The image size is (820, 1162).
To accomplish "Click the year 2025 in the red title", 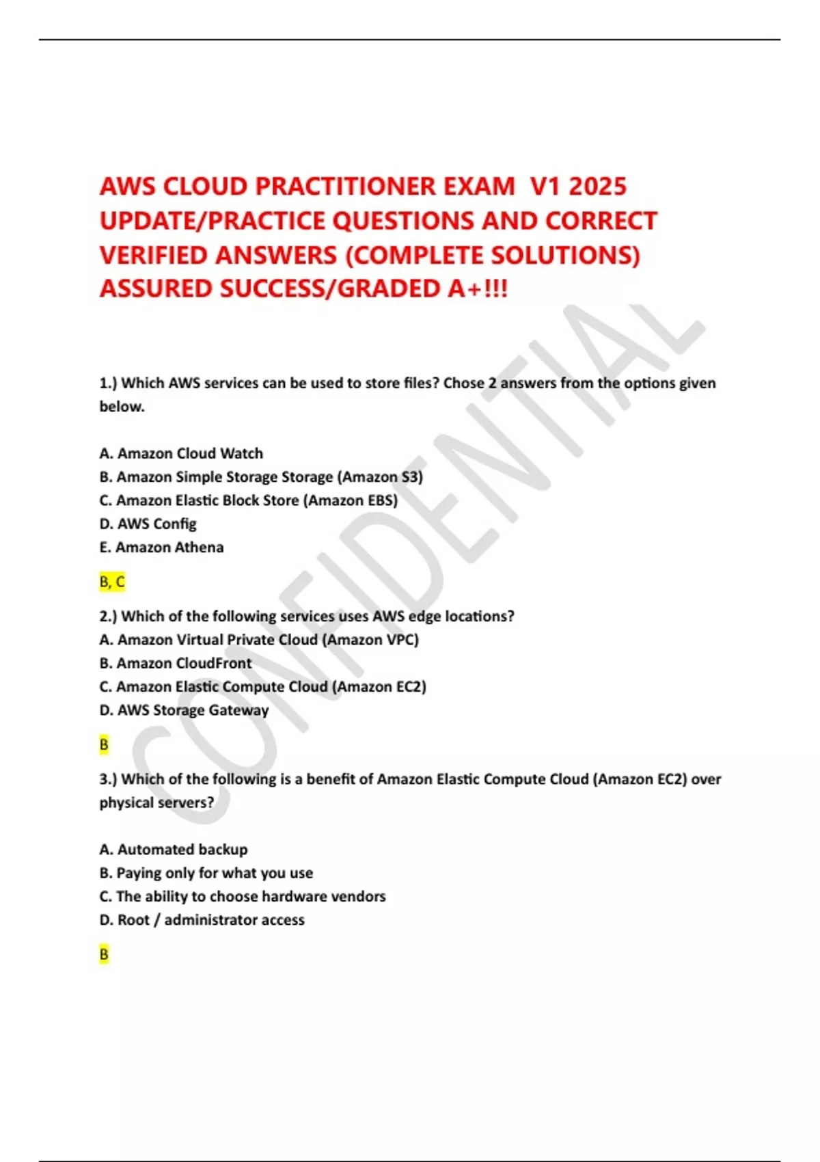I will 597,187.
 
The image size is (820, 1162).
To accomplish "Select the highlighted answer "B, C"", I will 112,582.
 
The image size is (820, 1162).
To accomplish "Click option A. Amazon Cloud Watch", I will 181,453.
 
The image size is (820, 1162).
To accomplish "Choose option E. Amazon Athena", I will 161,547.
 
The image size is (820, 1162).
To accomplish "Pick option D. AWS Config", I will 148,524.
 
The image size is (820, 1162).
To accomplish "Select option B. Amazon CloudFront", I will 176,663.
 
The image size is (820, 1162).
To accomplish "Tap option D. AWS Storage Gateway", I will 184,710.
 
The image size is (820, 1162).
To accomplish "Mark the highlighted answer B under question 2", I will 104,744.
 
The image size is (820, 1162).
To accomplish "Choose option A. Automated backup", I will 174,849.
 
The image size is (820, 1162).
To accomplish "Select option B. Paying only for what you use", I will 206,873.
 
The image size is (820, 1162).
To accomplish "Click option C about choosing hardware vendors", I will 243,896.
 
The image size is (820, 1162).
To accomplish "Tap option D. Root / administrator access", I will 202,920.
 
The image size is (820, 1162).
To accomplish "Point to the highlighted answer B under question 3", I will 104,954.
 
